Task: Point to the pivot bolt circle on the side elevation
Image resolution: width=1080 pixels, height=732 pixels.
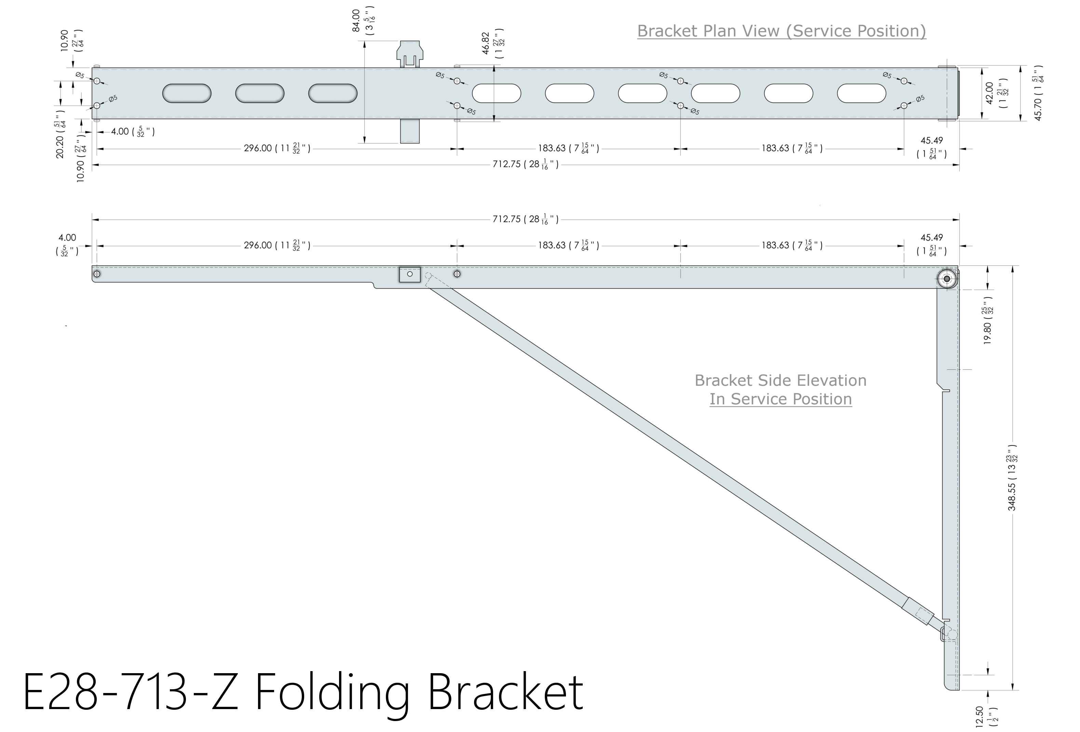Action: coord(947,279)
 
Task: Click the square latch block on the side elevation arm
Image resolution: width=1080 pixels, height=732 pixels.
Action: coord(409,274)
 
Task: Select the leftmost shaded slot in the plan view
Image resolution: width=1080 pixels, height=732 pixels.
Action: coord(187,93)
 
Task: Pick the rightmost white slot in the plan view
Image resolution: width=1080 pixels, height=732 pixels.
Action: coord(861,93)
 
